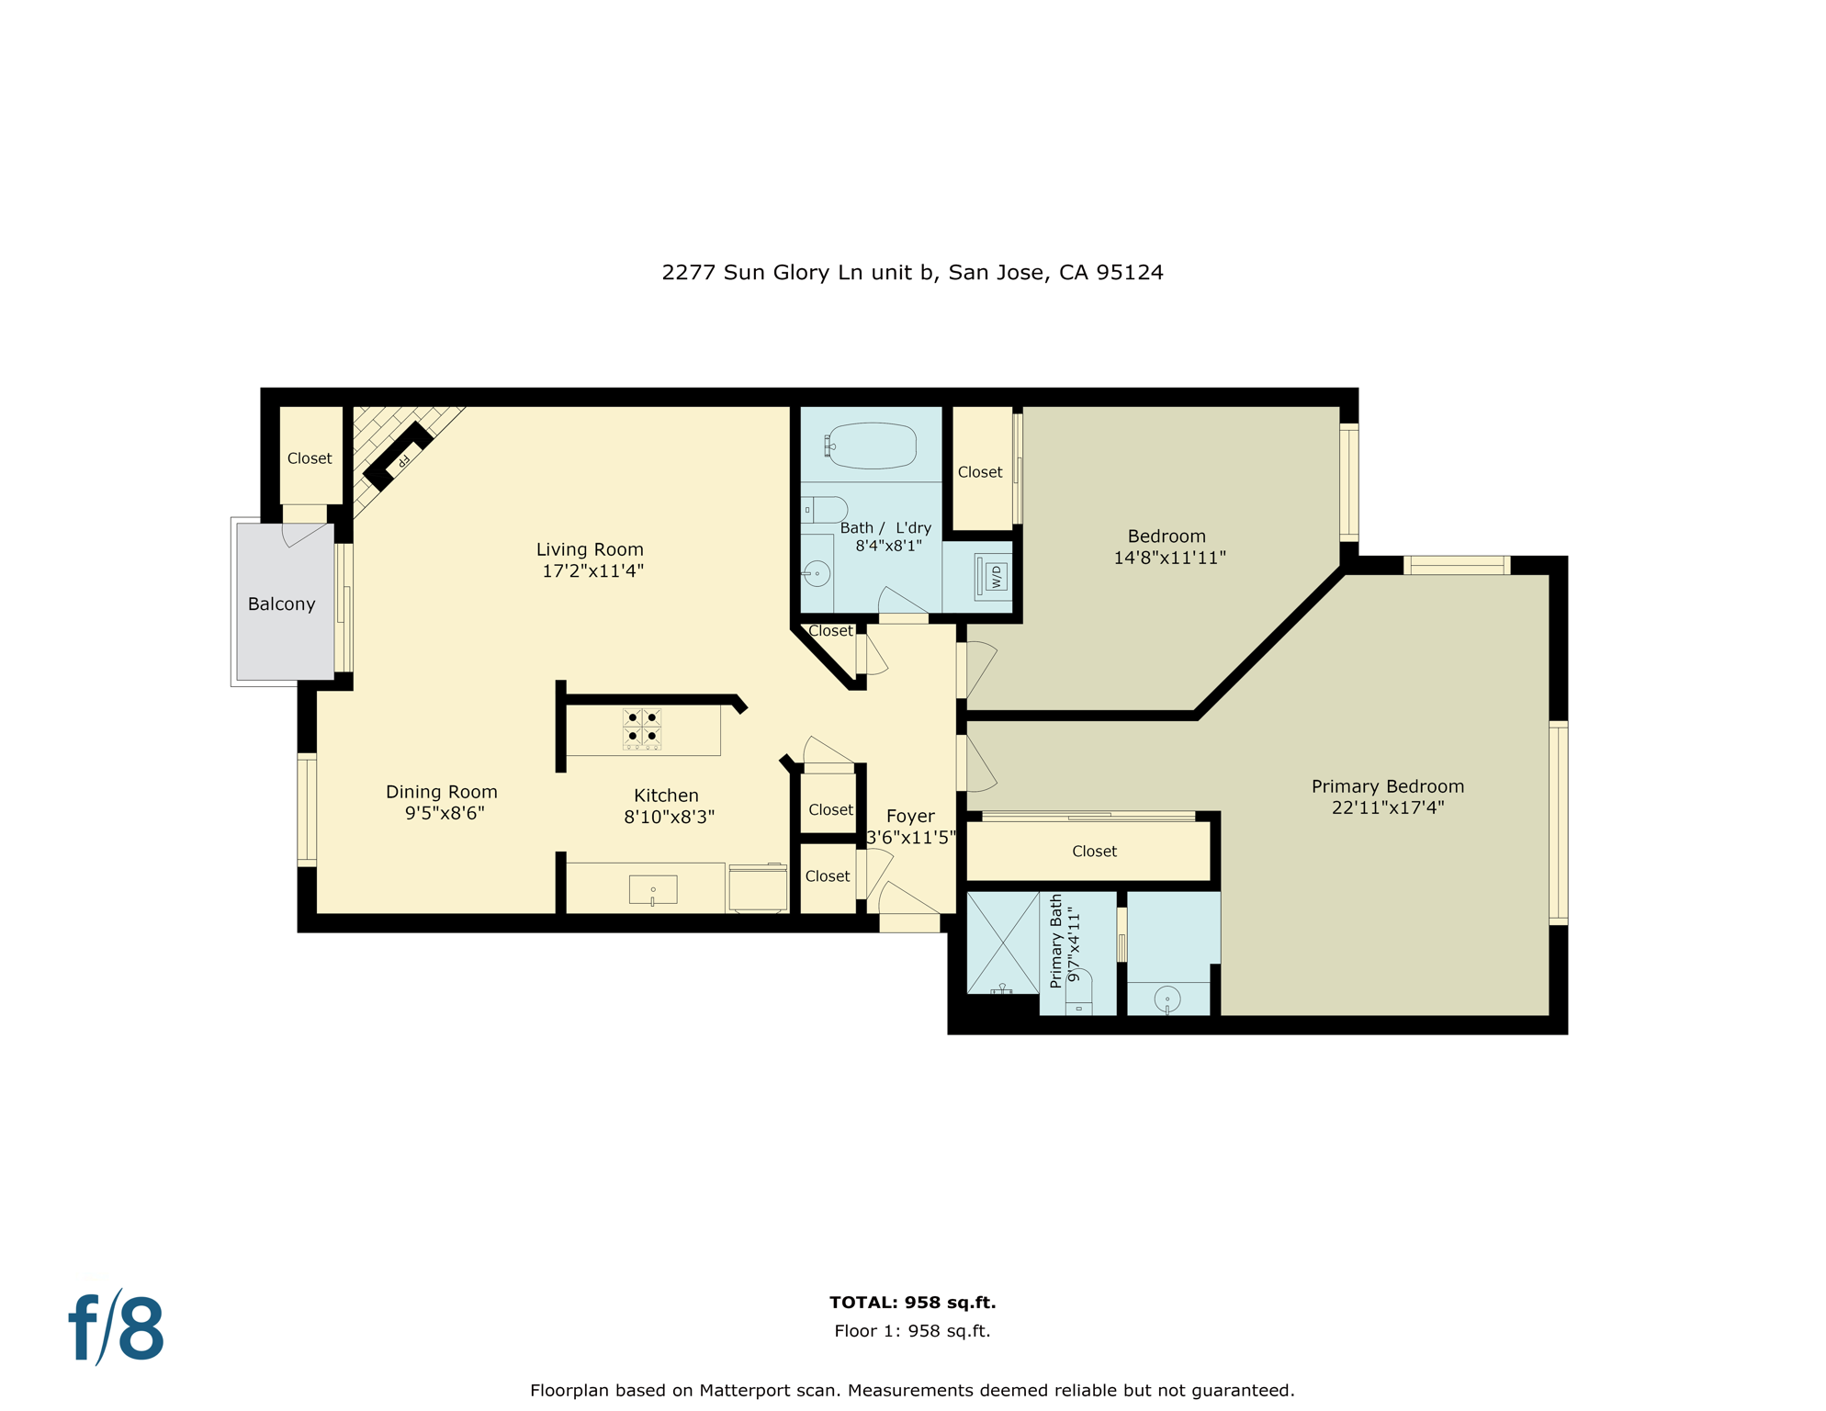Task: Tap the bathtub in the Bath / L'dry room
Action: tap(873, 446)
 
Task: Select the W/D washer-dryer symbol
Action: tap(995, 577)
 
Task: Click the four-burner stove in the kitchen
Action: tap(642, 728)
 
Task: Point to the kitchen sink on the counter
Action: tap(653, 889)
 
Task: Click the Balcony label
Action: tap(281, 604)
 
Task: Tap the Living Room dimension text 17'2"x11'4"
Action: tap(592, 571)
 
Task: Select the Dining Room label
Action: tap(441, 792)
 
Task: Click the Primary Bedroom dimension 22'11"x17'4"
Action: tap(1387, 808)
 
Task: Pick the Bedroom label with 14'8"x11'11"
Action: tap(1167, 536)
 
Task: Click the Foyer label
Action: tap(910, 816)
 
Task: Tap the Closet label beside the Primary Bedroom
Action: tap(1094, 852)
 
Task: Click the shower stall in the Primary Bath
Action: tap(1002, 942)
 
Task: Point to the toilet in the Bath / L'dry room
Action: tap(827, 510)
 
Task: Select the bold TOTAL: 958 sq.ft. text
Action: tap(912, 1303)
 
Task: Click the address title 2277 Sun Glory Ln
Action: tap(912, 273)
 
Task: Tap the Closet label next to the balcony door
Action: tap(310, 458)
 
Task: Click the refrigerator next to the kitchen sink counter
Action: tap(758, 888)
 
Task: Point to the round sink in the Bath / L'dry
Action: tap(817, 574)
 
